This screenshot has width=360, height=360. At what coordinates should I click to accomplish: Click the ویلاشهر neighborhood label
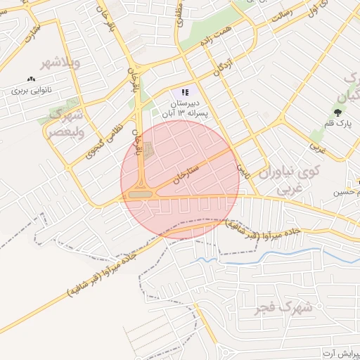61,64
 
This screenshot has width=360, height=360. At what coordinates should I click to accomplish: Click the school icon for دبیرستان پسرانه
185,92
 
